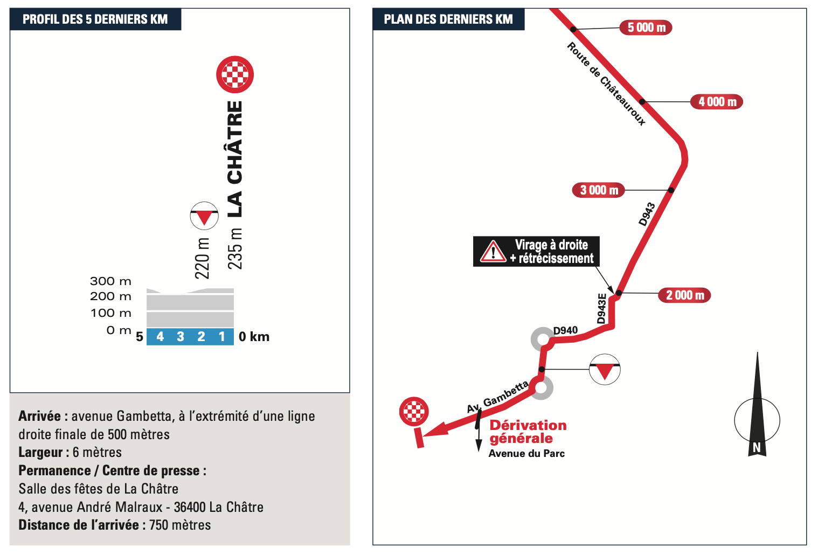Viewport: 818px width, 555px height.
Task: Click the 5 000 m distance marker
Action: (646, 27)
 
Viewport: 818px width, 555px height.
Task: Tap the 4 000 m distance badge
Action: (717, 102)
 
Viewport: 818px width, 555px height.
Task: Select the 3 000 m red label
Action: (599, 190)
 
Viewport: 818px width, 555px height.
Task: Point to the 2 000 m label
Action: (684, 295)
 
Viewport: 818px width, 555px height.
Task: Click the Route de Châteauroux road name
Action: (606, 84)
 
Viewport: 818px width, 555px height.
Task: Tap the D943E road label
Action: (602, 309)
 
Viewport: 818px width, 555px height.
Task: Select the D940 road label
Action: (565, 330)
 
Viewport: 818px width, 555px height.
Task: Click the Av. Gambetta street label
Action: (497, 398)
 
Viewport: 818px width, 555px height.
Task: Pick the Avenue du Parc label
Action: (526, 454)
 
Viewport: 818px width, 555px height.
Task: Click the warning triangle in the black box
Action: (493, 252)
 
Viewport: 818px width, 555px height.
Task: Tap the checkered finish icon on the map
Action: (414, 412)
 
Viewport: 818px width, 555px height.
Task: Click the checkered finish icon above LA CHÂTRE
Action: (235, 74)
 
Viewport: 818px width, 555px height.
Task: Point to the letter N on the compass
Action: (757, 447)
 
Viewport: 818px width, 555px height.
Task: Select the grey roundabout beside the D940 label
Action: (542, 339)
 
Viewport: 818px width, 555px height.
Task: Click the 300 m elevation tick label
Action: (110, 281)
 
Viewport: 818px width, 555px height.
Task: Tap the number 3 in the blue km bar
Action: (181, 337)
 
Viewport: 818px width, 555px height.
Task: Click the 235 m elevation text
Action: (235, 248)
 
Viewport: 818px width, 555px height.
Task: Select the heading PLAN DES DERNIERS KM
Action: (448, 19)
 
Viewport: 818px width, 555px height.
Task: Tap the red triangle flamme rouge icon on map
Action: (605, 370)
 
